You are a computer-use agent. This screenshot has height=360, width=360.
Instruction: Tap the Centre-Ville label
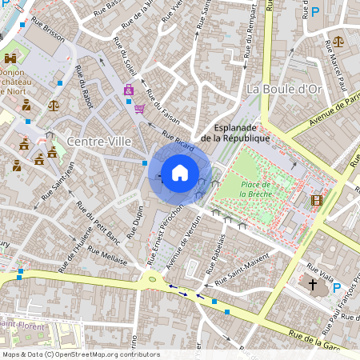tap(99, 142)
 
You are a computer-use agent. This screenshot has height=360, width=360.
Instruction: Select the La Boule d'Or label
tap(283, 88)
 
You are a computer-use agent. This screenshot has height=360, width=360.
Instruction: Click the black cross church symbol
tap(313, 284)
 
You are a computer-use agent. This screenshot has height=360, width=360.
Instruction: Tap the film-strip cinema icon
tap(318, 199)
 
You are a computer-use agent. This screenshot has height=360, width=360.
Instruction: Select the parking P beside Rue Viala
tap(337, 287)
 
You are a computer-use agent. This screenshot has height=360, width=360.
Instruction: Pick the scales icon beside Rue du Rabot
tap(54, 104)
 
